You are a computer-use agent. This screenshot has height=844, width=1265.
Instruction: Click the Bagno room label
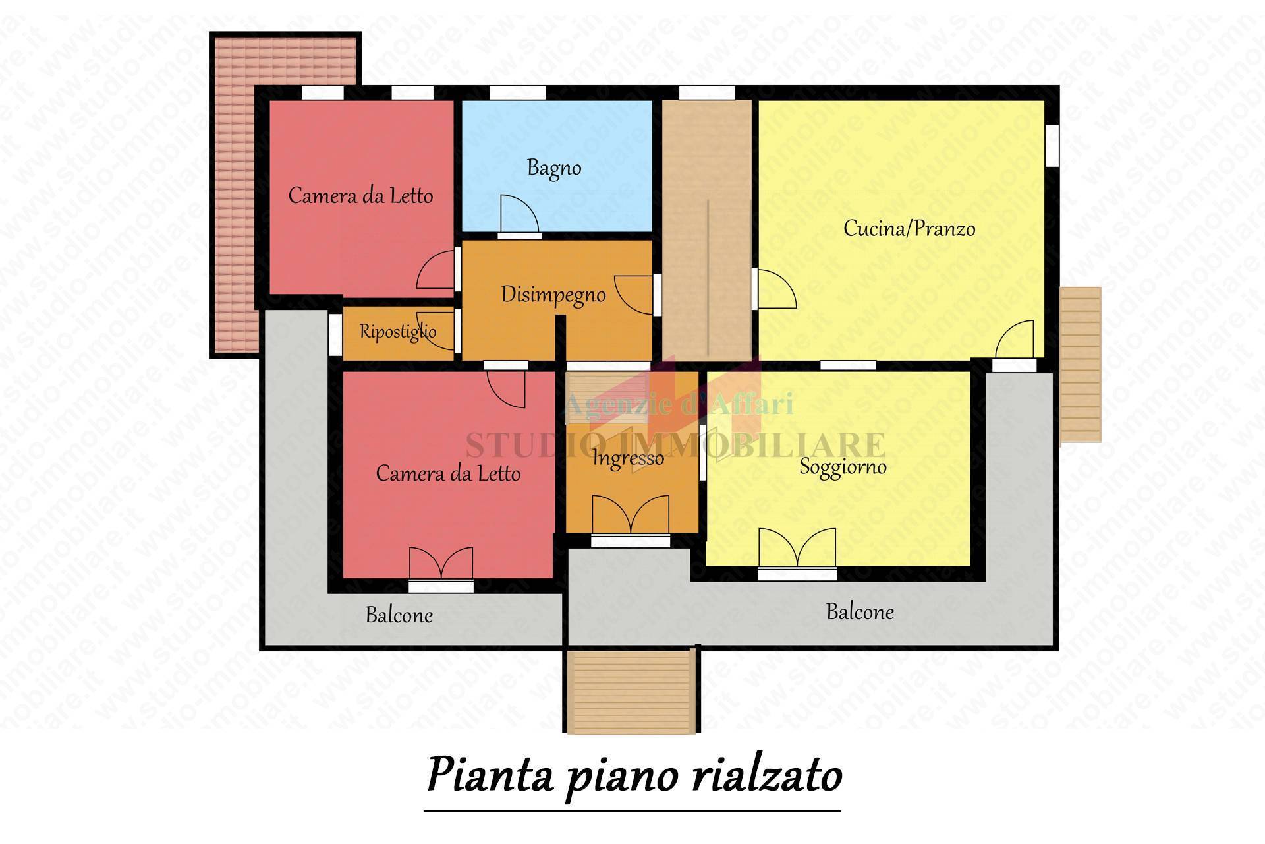[x=554, y=168]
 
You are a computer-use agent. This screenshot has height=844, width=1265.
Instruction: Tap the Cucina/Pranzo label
[x=909, y=229]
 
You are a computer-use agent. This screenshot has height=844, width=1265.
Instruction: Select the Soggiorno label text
[x=843, y=467]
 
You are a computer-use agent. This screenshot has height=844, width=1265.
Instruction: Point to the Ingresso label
[x=628, y=458]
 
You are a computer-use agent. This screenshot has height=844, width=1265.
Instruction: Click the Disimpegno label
[x=553, y=295]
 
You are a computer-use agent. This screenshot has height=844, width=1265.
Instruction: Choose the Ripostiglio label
[x=398, y=331]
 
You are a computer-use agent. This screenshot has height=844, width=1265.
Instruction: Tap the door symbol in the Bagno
[x=519, y=215]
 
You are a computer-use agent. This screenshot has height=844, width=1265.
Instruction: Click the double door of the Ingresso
[x=631, y=514]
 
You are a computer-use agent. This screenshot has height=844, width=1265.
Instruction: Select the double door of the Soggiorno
[x=797, y=547]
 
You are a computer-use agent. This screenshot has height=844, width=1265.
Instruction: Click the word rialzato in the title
[x=767, y=775]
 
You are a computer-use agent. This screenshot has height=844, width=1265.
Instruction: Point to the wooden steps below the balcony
[x=631, y=690]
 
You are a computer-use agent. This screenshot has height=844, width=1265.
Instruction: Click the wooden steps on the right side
[x=1081, y=364]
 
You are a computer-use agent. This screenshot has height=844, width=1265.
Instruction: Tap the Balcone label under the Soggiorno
[x=860, y=612]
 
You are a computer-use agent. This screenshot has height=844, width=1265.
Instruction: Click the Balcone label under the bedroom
[x=399, y=615]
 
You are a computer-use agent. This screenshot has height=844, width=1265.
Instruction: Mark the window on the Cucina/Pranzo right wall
[x=1052, y=144]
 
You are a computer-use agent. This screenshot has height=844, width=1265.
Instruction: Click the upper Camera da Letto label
[x=360, y=196]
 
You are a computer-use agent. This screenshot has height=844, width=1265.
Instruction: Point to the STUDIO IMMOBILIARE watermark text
[x=675, y=444]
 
